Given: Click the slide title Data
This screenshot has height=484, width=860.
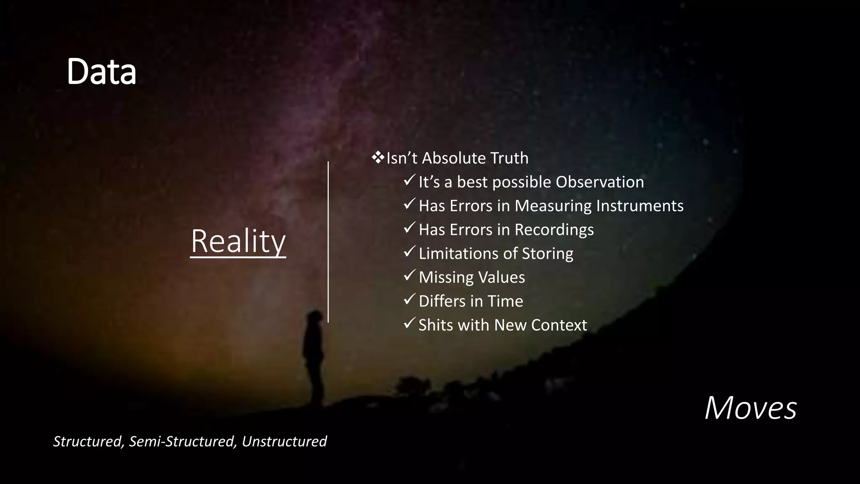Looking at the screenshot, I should (x=101, y=72).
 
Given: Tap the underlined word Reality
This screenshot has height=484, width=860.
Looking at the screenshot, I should (x=238, y=242).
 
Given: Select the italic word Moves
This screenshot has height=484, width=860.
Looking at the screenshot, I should (x=750, y=408).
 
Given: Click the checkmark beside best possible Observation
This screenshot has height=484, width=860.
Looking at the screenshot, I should (x=409, y=181).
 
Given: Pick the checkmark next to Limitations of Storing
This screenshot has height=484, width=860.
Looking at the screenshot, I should (x=409, y=253).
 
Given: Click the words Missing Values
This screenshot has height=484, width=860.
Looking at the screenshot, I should (x=472, y=277).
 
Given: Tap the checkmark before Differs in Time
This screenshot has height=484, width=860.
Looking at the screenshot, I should (x=409, y=300).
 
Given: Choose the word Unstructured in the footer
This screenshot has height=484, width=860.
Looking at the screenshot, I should (x=284, y=442).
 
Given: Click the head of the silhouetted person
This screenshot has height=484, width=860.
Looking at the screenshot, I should (x=314, y=317).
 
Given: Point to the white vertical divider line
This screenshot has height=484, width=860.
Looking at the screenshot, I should (x=328, y=242).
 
